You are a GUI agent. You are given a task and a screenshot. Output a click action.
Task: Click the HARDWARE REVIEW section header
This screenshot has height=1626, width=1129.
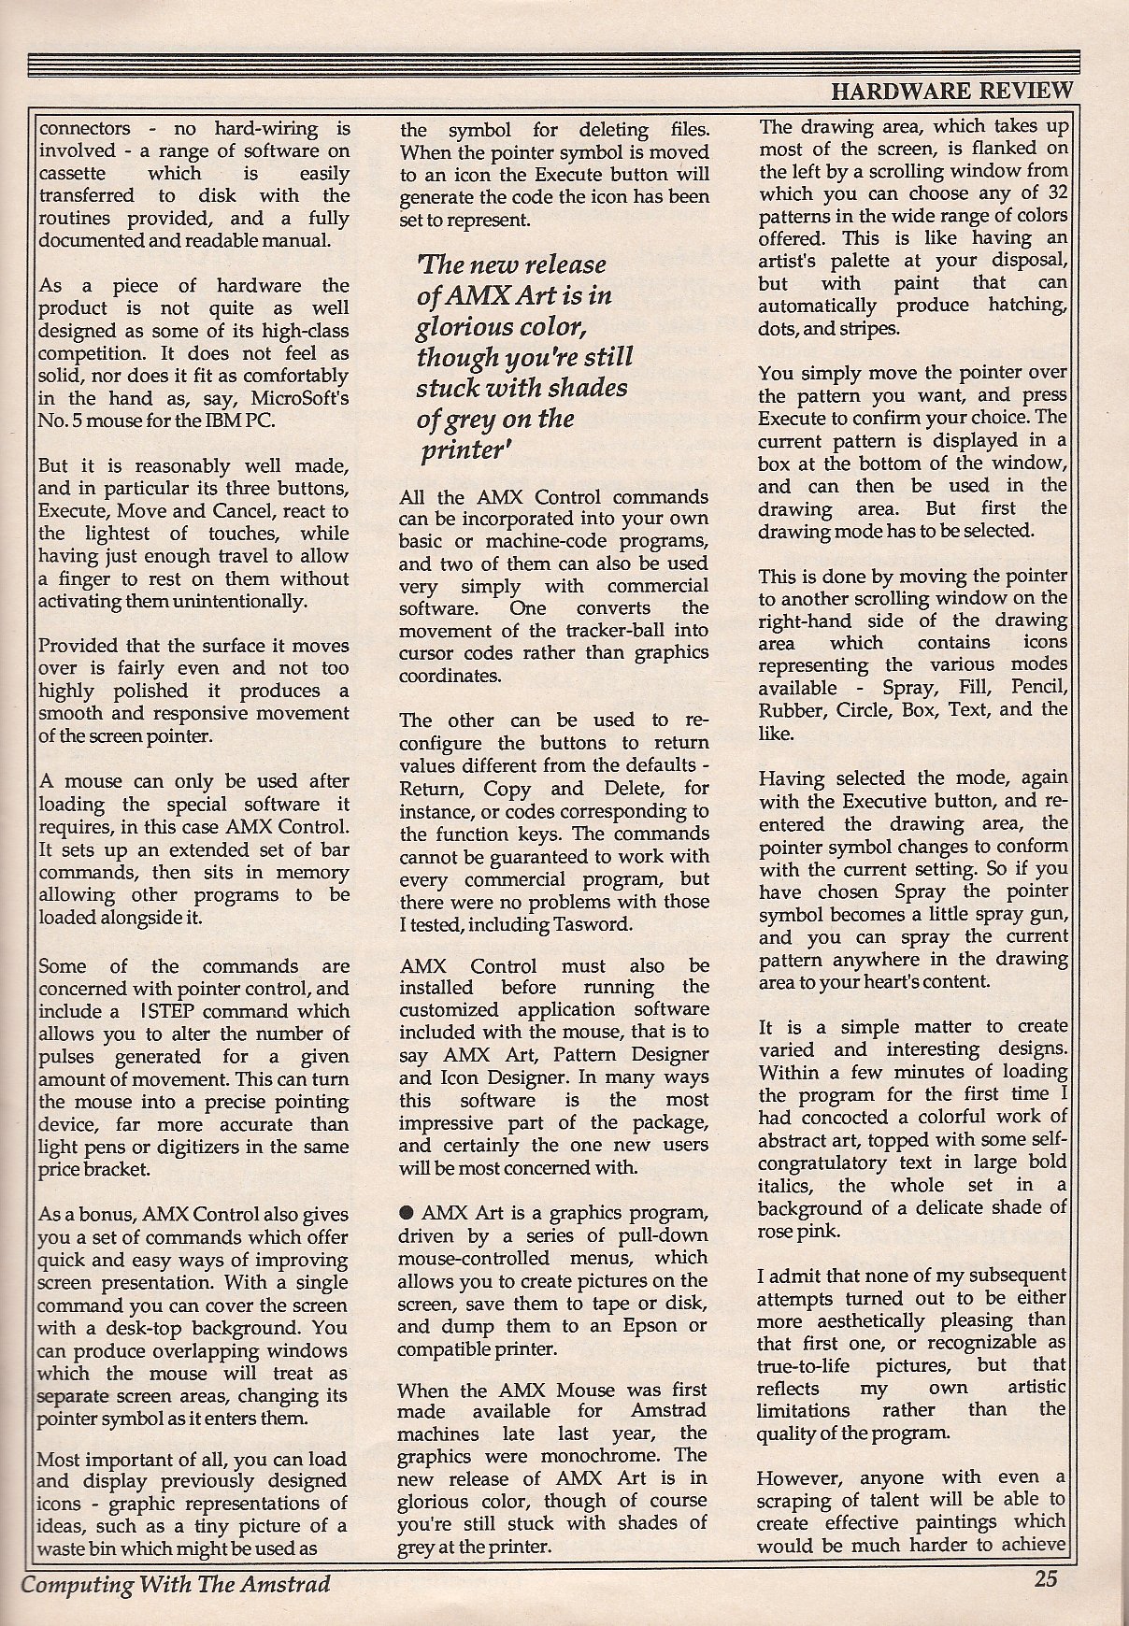(950, 91)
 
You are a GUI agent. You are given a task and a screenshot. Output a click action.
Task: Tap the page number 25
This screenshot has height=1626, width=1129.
(1045, 1578)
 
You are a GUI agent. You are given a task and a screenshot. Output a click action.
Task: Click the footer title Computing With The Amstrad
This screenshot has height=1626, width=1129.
(176, 1584)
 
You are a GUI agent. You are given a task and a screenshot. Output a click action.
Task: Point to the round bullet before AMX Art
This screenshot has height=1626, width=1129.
(406, 1212)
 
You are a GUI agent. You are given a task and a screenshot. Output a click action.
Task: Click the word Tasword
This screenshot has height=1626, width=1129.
(604, 924)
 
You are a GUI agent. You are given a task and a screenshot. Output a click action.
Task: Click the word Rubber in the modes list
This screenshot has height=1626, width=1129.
(787, 710)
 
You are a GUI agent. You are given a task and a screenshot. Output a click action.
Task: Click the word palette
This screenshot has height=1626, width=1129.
(822, 261)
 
